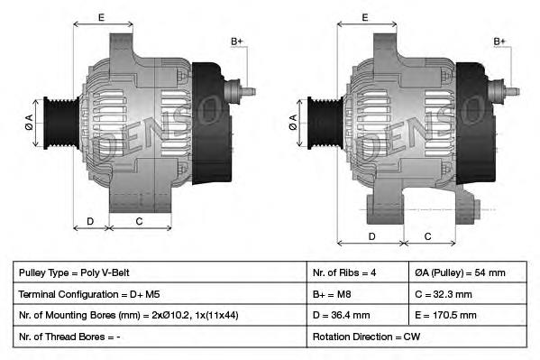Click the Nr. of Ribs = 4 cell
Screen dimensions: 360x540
pyautogui.click(x=357, y=272)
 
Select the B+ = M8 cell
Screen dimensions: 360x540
pyautogui.click(x=357, y=294)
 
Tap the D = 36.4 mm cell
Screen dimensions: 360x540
pyautogui.click(x=357, y=315)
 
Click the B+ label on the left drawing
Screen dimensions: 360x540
pyautogui.click(x=237, y=42)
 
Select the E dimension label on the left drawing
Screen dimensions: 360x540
pyautogui.click(x=100, y=17)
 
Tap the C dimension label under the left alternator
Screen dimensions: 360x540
pyautogui.click(x=139, y=220)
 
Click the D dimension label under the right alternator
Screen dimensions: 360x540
pyautogui.click(x=371, y=236)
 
